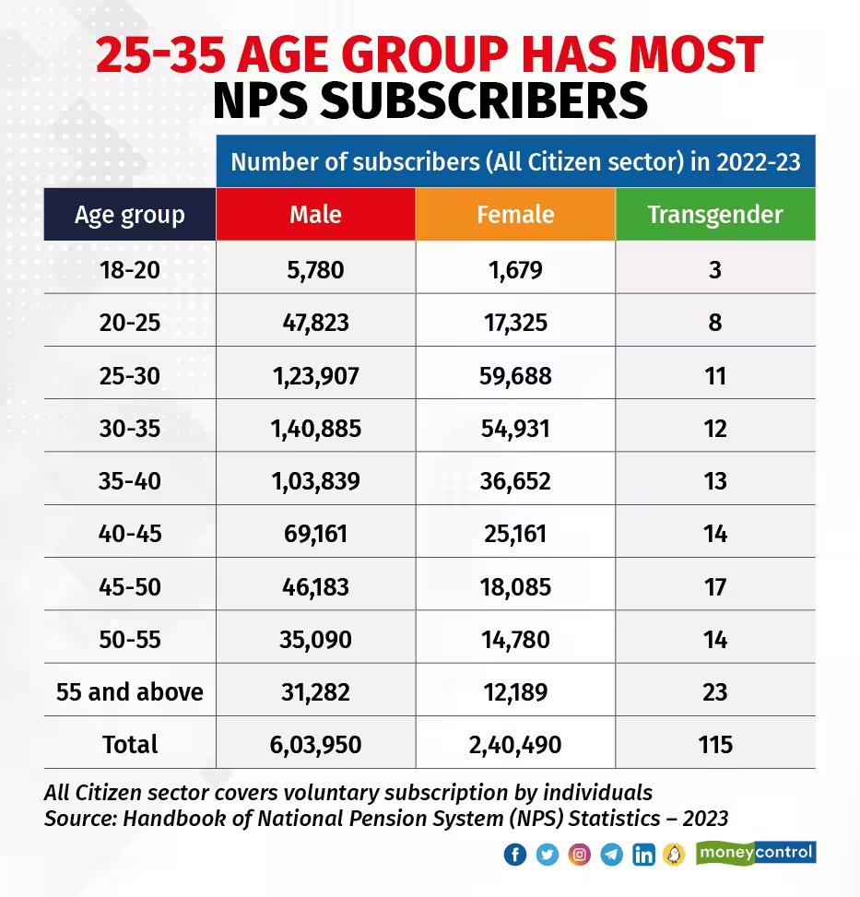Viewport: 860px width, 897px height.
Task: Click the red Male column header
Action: [x=315, y=215]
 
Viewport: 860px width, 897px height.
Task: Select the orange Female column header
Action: [x=515, y=215]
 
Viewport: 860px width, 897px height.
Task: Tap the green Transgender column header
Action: [x=714, y=215]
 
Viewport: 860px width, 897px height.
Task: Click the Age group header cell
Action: [x=130, y=215]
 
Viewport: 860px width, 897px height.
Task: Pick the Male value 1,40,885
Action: [x=315, y=429]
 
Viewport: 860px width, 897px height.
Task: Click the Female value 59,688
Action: [x=515, y=376]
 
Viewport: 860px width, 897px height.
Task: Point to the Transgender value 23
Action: [x=714, y=692]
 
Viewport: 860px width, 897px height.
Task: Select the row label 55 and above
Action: [x=130, y=692]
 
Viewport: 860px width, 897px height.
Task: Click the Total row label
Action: [x=130, y=744]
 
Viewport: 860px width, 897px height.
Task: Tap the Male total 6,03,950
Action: [x=315, y=744]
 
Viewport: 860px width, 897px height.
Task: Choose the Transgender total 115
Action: [x=714, y=744]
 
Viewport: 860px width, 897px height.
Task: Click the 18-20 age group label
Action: [x=130, y=271]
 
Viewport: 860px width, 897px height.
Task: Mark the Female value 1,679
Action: [x=515, y=271]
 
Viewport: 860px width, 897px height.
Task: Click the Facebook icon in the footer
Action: [x=515, y=855]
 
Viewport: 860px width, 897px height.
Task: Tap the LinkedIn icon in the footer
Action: [x=643, y=855]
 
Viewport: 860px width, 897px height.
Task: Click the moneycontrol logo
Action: [x=757, y=852]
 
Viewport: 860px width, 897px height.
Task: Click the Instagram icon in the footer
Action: [x=579, y=855]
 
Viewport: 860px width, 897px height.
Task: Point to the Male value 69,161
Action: [x=315, y=534]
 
